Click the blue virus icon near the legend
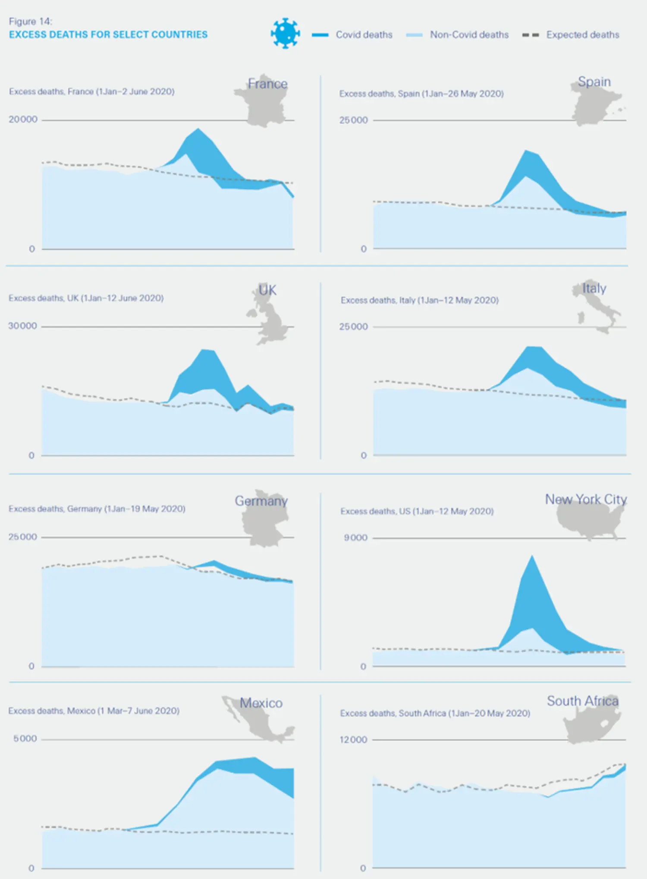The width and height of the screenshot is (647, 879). click(x=285, y=33)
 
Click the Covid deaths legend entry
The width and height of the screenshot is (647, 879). click(x=364, y=35)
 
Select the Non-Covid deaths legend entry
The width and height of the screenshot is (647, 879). click(x=469, y=35)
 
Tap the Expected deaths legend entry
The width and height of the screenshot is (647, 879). click(x=582, y=35)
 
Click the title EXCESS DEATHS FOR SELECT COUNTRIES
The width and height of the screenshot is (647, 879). click(x=108, y=35)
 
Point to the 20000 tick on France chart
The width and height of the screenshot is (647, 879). click(x=23, y=119)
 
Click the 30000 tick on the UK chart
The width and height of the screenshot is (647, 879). click(x=22, y=326)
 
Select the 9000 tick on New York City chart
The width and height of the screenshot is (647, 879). click(x=355, y=538)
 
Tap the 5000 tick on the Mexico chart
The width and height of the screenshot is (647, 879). click(x=25, y=739)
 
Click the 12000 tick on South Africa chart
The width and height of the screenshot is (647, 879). click(x=353, y=740)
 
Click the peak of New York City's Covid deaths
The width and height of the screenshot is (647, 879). click(x=532, y=557)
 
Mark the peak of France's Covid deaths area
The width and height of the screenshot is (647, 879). click(x=198, y=129)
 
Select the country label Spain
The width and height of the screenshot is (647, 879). click(x=594, y=82)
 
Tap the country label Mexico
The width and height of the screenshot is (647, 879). click(x=261, y=703)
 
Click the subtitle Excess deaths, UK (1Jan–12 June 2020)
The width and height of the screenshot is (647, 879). click(x=86, y=298)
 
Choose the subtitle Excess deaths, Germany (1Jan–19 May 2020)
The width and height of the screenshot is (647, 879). click(x=97, y=509)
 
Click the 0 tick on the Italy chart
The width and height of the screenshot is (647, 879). click(x=364, y=455)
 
